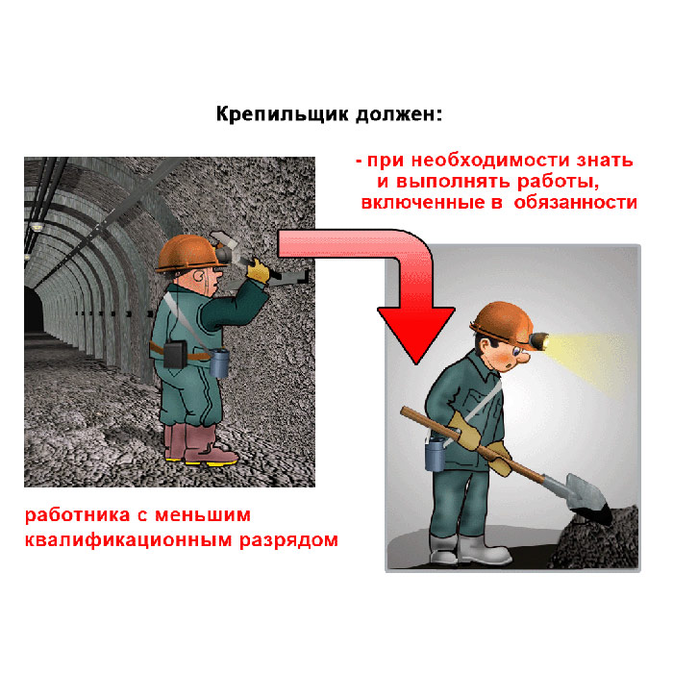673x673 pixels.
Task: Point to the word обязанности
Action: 575,203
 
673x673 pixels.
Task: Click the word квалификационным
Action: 128,540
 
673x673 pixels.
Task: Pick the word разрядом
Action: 288,540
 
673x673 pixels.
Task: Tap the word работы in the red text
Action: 558,182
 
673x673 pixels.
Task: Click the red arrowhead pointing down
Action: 416,334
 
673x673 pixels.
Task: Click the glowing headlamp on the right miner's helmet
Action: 539,340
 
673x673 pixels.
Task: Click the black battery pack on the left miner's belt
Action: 175,354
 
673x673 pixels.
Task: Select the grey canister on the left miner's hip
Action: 219,362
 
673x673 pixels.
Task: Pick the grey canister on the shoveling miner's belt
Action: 435,455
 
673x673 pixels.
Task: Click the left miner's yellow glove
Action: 258,271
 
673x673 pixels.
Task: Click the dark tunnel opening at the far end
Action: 34,310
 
